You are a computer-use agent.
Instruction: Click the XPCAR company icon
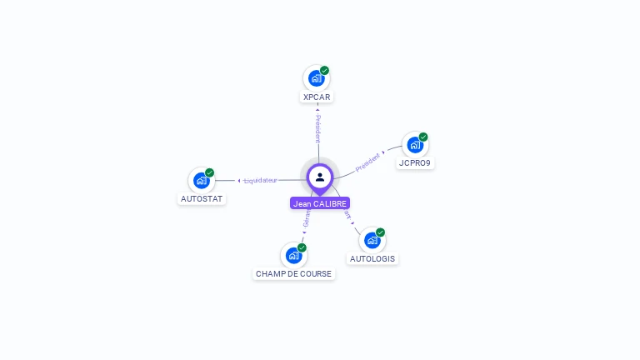(316, 78)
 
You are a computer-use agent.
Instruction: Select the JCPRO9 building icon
(414, 145)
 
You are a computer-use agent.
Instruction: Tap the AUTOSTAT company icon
(201, 180)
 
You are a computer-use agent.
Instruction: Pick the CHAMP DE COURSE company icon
(292, 255)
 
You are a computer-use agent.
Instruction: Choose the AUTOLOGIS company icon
(372, 240)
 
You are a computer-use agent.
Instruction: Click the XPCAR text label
(317, 97)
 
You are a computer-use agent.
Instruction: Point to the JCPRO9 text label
(415, 163)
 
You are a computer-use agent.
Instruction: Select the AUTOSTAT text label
(202, 198)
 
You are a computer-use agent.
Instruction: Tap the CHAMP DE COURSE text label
(293, 273)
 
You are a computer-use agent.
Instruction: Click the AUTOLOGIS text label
(372, 258)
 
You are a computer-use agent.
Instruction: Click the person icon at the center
(320, 177)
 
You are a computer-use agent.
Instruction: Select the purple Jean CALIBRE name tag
(320, 203)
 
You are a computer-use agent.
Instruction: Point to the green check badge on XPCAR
(325, 70)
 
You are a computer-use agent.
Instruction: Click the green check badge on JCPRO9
(423, 137)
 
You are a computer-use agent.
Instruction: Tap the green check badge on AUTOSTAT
(210, 172)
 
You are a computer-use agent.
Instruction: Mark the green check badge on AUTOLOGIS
(381, 232)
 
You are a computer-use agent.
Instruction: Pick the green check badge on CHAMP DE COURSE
(302, 247)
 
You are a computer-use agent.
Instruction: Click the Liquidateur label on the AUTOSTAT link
(261, 180)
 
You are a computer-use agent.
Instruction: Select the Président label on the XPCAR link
(317, 128)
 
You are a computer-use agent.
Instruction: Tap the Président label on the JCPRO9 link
(367, 162)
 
